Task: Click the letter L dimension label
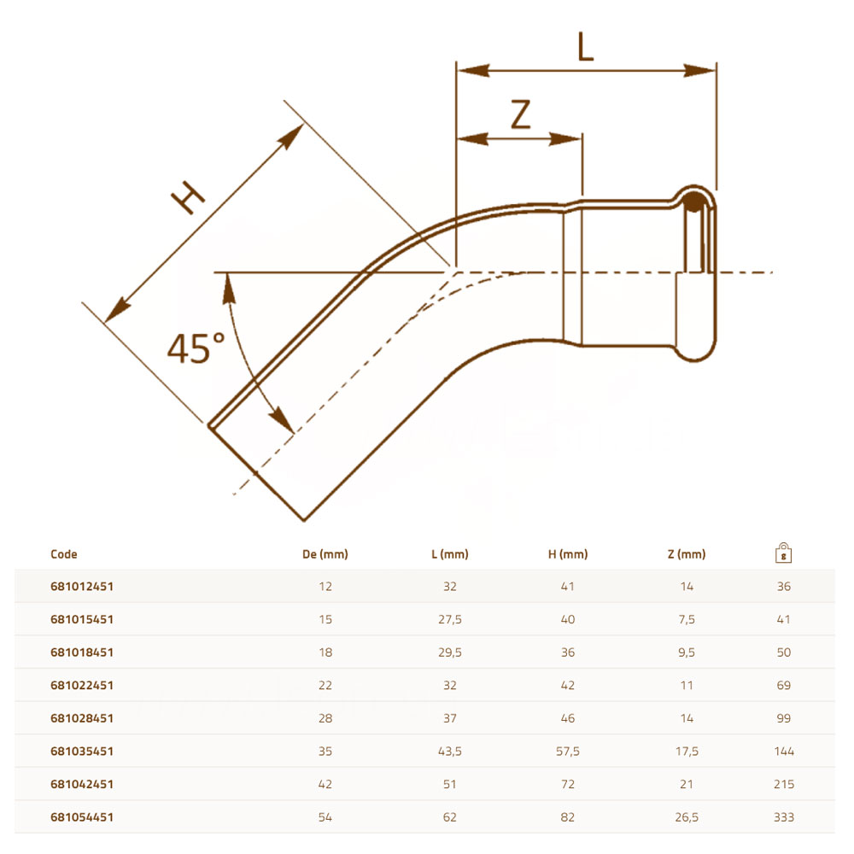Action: click(586, 46)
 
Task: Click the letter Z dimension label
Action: click(521, 114)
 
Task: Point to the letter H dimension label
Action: click(188, 196)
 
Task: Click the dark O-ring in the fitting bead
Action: click(693, 202)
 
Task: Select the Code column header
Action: click(64, 554)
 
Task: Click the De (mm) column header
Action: click(325, 554)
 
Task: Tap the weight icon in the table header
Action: click(783, 553)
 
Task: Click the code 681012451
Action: click(82, 587)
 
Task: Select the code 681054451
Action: click(82, 817)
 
